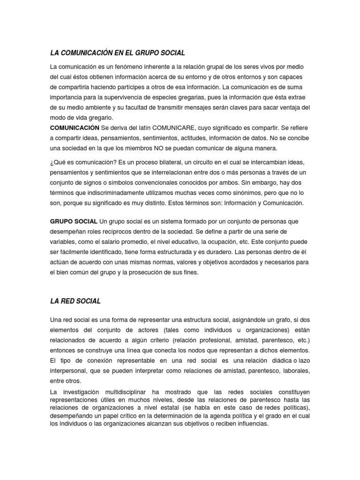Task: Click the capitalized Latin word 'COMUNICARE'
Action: tap(176, 127)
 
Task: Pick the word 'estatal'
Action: tap(163, 407)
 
